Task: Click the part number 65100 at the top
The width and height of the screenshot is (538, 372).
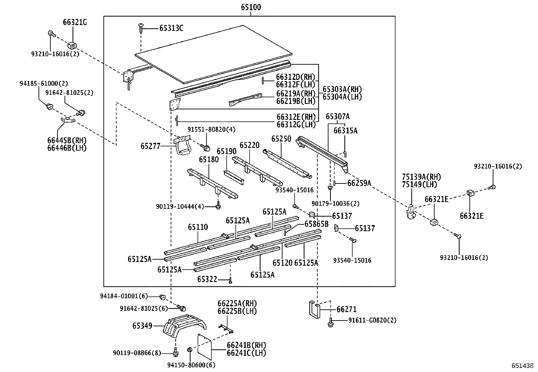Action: click(x=251, y=7)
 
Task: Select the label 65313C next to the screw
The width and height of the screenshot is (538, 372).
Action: click(x=171, y=28)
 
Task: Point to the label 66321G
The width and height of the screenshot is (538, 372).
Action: click(x=75, y=22)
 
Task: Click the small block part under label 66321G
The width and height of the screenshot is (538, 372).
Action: click(x=72, y=45)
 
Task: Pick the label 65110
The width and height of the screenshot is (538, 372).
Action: click(x=198, y=227)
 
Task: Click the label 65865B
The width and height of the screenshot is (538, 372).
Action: click(x=316, y=224)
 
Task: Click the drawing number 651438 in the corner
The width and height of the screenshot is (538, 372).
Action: click(x=522, y=366)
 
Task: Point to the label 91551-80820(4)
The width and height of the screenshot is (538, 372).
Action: click(x=212, y=129)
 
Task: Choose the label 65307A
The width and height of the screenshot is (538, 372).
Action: click(x=338, y=117)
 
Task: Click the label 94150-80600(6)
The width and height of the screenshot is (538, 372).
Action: click(x=191, y=365)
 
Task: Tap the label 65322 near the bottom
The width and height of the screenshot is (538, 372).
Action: click(x=207, y=279)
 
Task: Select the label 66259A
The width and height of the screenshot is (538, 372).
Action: click(x=359, y=183)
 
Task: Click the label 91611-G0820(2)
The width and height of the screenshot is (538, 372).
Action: click(x=372, y=320)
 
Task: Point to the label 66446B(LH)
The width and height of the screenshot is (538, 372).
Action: click(x=67, y=148)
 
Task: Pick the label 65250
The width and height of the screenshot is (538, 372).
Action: click(x=281, y=139)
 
